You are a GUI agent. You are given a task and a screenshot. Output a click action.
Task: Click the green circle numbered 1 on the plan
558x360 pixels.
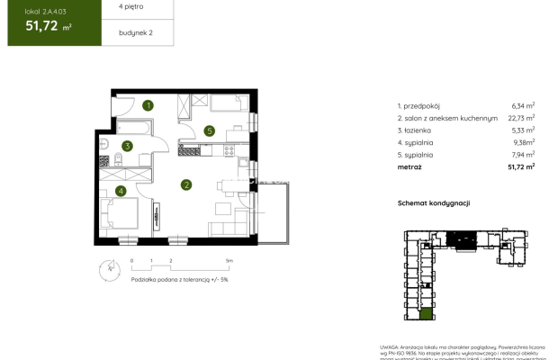coord(148,105)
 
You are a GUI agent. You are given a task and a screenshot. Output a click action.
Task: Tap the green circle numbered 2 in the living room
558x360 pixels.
coord(185,185)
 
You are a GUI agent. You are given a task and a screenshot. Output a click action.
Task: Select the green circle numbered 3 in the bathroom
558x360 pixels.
coord(128,146)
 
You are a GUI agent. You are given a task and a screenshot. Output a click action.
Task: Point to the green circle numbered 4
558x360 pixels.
coord(120,191)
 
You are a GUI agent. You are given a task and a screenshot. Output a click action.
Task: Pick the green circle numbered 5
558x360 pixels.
coord(209,131)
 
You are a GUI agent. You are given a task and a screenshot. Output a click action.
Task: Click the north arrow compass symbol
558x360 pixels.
coord(109,266)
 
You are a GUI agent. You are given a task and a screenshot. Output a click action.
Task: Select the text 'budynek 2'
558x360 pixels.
coord(135,33)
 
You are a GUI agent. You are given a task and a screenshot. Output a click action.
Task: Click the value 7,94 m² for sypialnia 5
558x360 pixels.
coord(523,154)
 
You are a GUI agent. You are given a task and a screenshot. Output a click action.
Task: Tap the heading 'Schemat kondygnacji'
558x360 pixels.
coord(435,203)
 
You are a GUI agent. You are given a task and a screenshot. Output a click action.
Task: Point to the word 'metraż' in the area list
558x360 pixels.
coord(409,166)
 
